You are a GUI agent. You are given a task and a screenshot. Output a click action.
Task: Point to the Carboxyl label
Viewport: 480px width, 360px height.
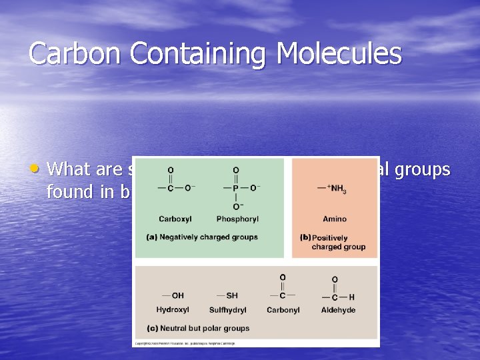(175, 219)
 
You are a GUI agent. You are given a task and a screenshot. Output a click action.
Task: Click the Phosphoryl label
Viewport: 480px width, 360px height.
(237, 219)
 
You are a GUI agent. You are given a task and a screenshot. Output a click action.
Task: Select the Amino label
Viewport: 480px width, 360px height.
(335, 219)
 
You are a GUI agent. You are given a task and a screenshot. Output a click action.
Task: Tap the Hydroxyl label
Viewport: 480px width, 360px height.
(173, 310)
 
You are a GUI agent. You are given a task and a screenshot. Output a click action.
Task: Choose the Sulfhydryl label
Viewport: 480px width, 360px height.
(227, 310)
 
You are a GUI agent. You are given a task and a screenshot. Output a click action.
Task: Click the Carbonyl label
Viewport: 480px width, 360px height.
(283, 310)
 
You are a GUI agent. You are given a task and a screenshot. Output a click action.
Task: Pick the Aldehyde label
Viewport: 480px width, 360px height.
(338, 310)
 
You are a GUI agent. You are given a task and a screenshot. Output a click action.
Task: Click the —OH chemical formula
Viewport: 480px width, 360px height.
(173, 295)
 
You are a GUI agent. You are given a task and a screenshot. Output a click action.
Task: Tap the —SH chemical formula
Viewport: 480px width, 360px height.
(227, 295)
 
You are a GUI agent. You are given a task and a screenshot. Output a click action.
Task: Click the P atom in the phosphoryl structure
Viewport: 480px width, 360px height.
(236, 188)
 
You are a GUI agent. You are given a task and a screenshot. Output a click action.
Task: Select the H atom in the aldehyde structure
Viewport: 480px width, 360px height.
(351, 297)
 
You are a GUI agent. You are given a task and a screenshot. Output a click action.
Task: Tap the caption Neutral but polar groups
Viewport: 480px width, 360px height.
(197, 328)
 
